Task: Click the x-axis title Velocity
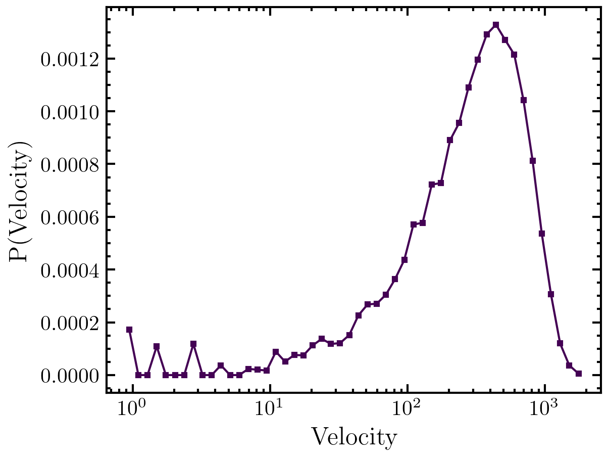click(353, 438)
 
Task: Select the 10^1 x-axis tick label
click(270, 407)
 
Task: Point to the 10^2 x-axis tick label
click(407, 407)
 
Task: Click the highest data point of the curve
click(496, 24)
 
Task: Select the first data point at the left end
click(129, 330)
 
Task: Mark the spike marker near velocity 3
click(193, 344)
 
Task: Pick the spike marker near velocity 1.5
click(157, 346)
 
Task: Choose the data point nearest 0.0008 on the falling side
click(533, 161)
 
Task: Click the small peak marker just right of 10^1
click(276, 351)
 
